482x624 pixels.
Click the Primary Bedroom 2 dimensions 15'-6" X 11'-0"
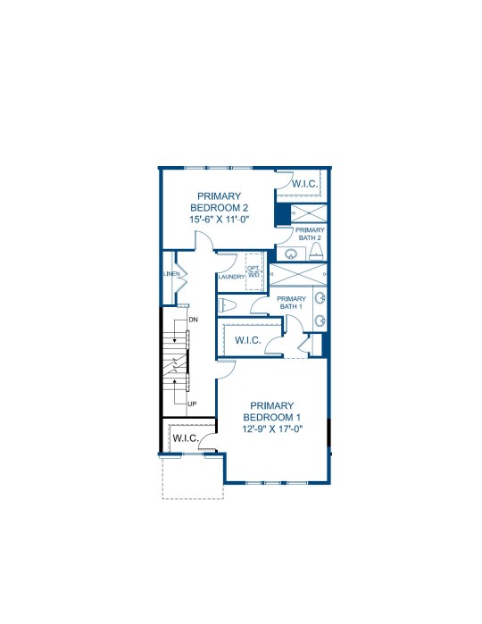click(220, 219)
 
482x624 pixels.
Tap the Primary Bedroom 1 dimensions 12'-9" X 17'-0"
click(272, 428)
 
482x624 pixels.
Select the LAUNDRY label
click(231, 277)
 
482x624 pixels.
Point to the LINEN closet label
click(171, 274)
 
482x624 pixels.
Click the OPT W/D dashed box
click(253, 271)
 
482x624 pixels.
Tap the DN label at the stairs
click(193, 320)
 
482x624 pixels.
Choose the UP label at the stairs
click(192, 404)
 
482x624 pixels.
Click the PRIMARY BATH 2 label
click(310, 234)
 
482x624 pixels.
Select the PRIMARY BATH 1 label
click(291, 303)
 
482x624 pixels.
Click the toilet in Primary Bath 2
click(316, 251)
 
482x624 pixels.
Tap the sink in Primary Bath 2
click(291, 254)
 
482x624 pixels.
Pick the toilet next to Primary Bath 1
click(228, 305)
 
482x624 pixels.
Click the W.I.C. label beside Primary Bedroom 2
click(305, 184)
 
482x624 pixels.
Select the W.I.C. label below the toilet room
click(248, 340)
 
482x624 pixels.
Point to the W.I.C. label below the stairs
click(186, 438)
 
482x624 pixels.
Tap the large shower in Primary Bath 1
click(298, 274)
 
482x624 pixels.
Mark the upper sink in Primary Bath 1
click(320, 297)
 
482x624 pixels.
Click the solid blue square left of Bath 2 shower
click(282, 214)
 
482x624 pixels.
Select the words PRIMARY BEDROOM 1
click(272, 412)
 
